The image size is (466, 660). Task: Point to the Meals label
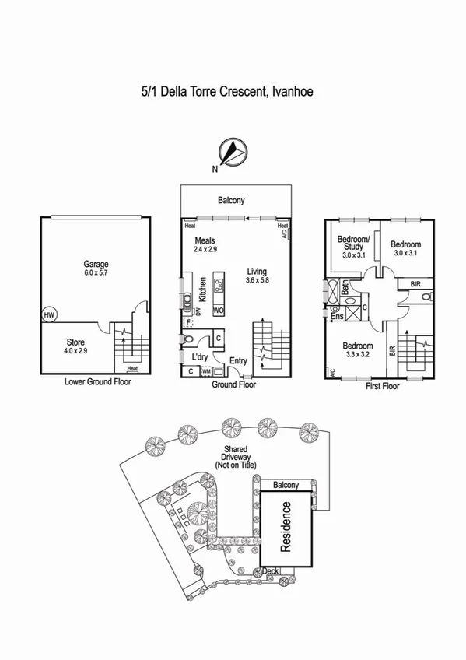(205, 241)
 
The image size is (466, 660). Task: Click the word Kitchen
(201, 290)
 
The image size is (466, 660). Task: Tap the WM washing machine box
(206, 372)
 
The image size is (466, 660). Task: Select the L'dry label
(200, 356)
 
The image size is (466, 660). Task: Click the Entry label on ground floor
(238, 360)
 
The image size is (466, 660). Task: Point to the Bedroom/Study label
(353, 243)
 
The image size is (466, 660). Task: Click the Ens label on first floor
(337, 317)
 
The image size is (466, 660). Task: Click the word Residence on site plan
(286, 527)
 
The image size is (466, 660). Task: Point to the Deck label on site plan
(271, 571)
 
